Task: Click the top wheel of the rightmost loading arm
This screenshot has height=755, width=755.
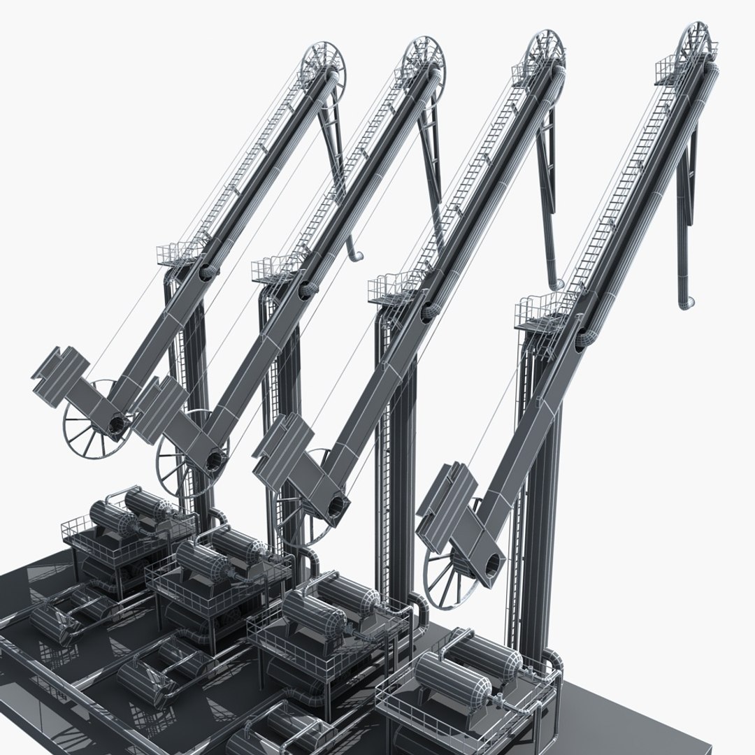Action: [x=696, y=43]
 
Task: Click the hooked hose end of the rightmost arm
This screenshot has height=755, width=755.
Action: [x=686, y=302]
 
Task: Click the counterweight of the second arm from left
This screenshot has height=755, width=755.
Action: [x=161, y=408]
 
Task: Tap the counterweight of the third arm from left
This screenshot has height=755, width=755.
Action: [x=283, y=444]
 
